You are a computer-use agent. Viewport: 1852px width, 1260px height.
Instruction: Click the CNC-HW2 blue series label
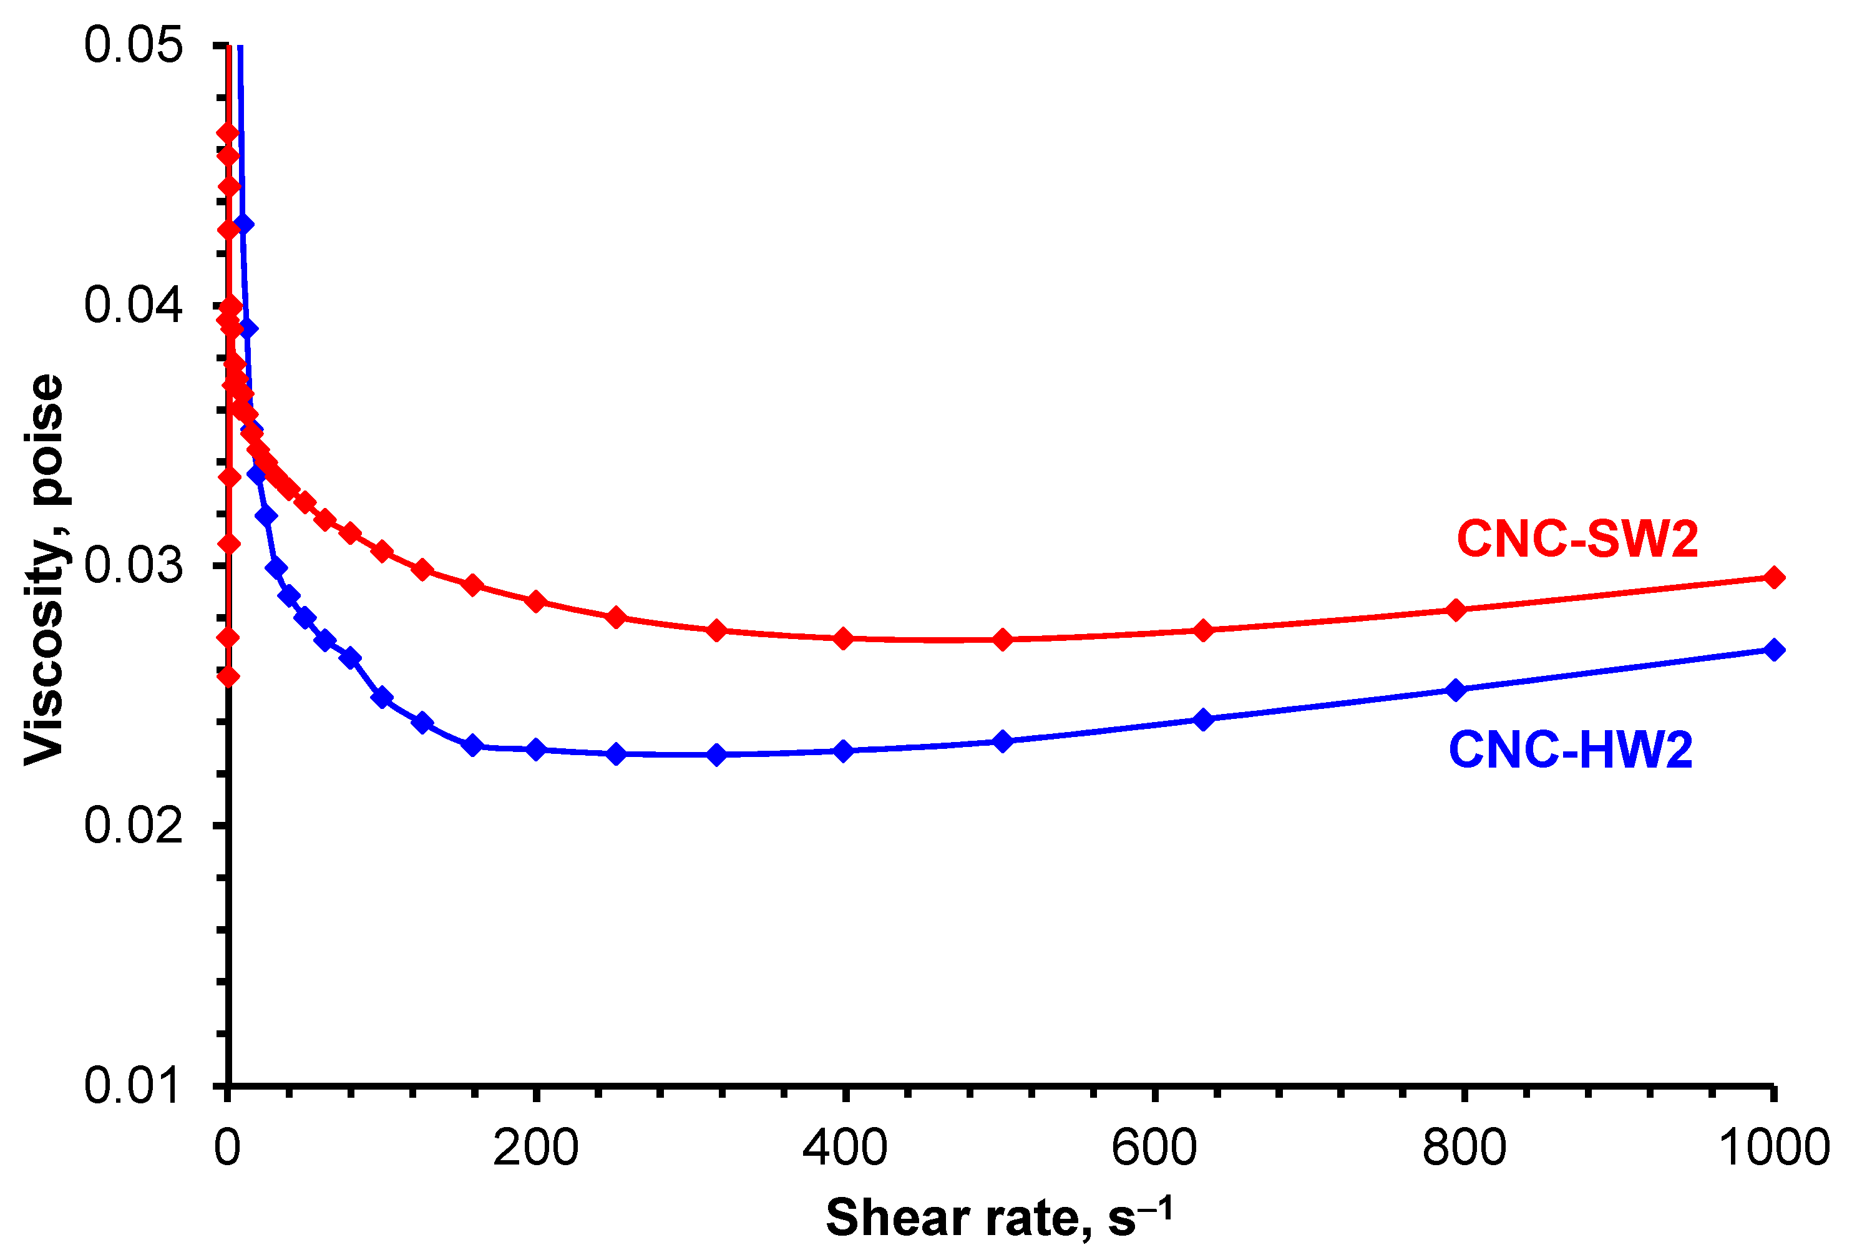(1570, 750)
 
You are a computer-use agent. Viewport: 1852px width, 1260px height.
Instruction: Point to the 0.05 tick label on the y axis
(133, 45)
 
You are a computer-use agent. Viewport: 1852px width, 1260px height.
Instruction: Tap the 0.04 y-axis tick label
(133, 305)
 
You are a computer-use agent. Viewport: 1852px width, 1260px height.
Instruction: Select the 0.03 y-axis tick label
(133, 566)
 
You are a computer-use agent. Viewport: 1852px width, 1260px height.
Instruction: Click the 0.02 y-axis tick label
(133, 826)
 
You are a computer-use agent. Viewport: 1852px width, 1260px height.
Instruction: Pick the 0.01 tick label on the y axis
(133, 1085)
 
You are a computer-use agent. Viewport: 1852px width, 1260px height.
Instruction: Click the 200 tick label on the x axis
(535, 1148)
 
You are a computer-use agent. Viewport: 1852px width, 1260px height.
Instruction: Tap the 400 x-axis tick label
(845, 1148)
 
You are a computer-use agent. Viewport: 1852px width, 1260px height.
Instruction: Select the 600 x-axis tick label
(1154, 1148)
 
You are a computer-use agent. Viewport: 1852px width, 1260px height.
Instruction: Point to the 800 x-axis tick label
(1464, 1148)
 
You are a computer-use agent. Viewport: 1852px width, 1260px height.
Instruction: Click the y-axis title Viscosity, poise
(45, 569)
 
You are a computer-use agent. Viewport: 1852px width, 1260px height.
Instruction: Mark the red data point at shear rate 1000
(1774, 578)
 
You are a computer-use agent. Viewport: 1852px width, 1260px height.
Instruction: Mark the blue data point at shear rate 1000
(1774, 650)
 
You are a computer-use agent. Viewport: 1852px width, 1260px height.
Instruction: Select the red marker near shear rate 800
(1456, 610)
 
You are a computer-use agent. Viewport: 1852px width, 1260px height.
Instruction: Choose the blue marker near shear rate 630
(1203, 720)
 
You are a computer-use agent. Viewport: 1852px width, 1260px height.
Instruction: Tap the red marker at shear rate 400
(844, 638)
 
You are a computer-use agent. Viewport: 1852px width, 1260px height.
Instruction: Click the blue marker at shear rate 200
(536, 749)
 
